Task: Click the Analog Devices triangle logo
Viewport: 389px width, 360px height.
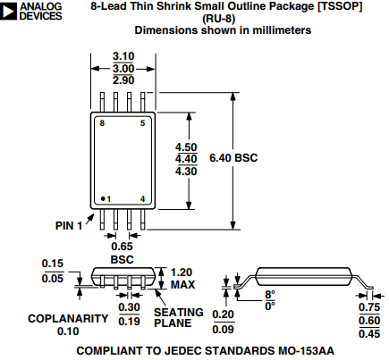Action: [x=8, y=12]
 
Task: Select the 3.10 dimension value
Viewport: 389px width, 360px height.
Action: [x=123, y=56]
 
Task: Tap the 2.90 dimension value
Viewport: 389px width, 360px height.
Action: [x=123, y=80]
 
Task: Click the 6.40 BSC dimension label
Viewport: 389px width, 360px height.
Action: [x=233, y=158]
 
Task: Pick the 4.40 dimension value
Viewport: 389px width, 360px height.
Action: [x=186, y=159]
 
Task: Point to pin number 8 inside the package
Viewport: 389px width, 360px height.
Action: [x=102, y=123]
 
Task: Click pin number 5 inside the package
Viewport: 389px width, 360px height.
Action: [x=143, y=123]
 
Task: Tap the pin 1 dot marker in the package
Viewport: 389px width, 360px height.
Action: [x=103, y=198]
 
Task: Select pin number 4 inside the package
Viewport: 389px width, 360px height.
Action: [x=143, y=199]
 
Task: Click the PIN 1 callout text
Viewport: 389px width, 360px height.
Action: [x=69, y=226]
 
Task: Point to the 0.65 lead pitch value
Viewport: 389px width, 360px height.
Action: [x=122, y=247]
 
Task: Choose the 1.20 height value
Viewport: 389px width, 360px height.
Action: [x=182, y=272]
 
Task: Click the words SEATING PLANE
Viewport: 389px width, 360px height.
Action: [x=179, y=317]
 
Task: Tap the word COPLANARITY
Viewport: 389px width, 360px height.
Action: [x=68, y=319]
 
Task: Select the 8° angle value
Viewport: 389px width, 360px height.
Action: [x=270, y=295]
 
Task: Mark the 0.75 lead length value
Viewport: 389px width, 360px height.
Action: [x=369, y=307]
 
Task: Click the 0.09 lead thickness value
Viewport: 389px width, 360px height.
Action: [x=223, y=330]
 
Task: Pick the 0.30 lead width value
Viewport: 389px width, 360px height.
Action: [x=129, y=307]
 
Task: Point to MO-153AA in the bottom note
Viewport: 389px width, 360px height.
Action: [x=306, y=351]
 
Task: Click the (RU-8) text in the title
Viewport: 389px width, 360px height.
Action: [x=219, y=19]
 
